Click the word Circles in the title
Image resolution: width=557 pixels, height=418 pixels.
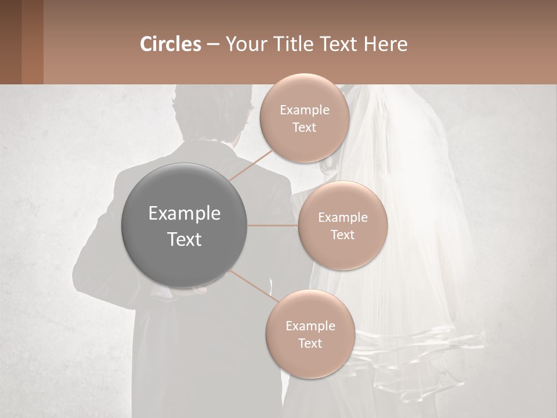[x=171, y=44]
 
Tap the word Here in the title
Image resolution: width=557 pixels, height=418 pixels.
[x=385, y=44]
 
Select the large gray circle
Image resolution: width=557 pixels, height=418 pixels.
[x=184, y=225]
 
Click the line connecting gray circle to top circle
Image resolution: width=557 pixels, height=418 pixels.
[x=251, y=165]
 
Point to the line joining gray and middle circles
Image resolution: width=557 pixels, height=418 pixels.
[x=273, y=225]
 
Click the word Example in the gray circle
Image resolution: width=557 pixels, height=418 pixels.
[x=185, y=214]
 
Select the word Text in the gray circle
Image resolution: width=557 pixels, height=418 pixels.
[x=185, y=239]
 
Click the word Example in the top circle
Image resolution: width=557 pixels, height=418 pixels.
[x=305, y=110]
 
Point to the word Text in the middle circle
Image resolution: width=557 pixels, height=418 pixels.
[x=342, y=235]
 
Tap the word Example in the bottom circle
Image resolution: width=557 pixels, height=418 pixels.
[x=310, y=326]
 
